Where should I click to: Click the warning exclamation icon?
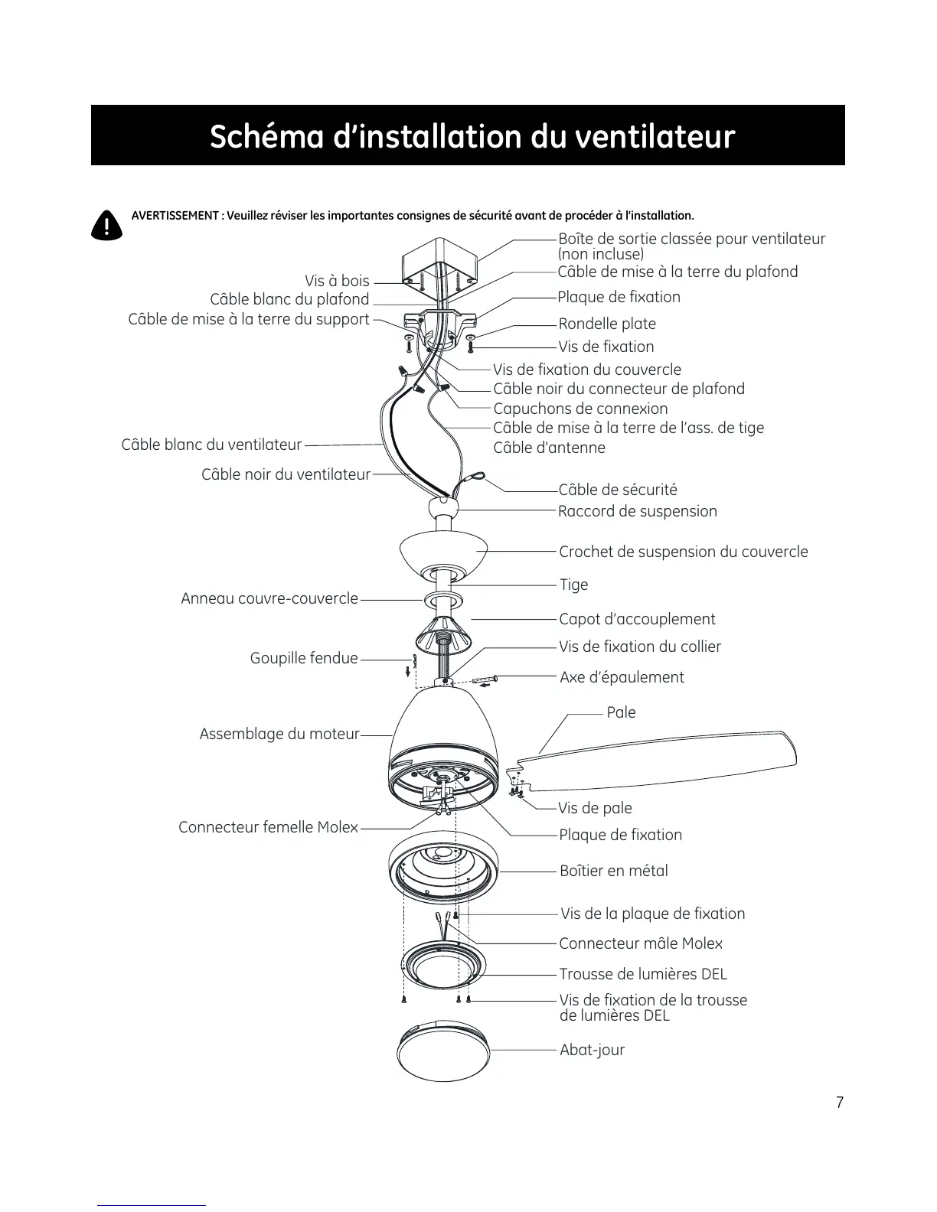[x=106, y=224]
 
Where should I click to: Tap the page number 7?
[x=839, y=1103]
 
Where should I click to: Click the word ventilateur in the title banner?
[x=655, y=137]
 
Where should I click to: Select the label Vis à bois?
[x=337, y=281]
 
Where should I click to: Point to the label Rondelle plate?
[x=607, y=324]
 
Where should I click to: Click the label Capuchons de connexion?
[x=580, y=409]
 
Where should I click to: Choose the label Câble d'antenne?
[x=549, y=448]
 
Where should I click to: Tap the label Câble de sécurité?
[x=618, y=490]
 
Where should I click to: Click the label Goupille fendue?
[x=304, y=658]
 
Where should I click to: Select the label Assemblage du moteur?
[x=279, y=734]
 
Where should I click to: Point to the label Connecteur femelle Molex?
[x=268, y=827]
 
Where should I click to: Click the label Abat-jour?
[x=592, y=1050]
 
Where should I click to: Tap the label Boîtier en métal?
[x=613, y=871]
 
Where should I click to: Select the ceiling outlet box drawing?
[x=440, y=264]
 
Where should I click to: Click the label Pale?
[x=621, y=712]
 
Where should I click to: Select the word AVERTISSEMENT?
[x=175, y=216]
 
